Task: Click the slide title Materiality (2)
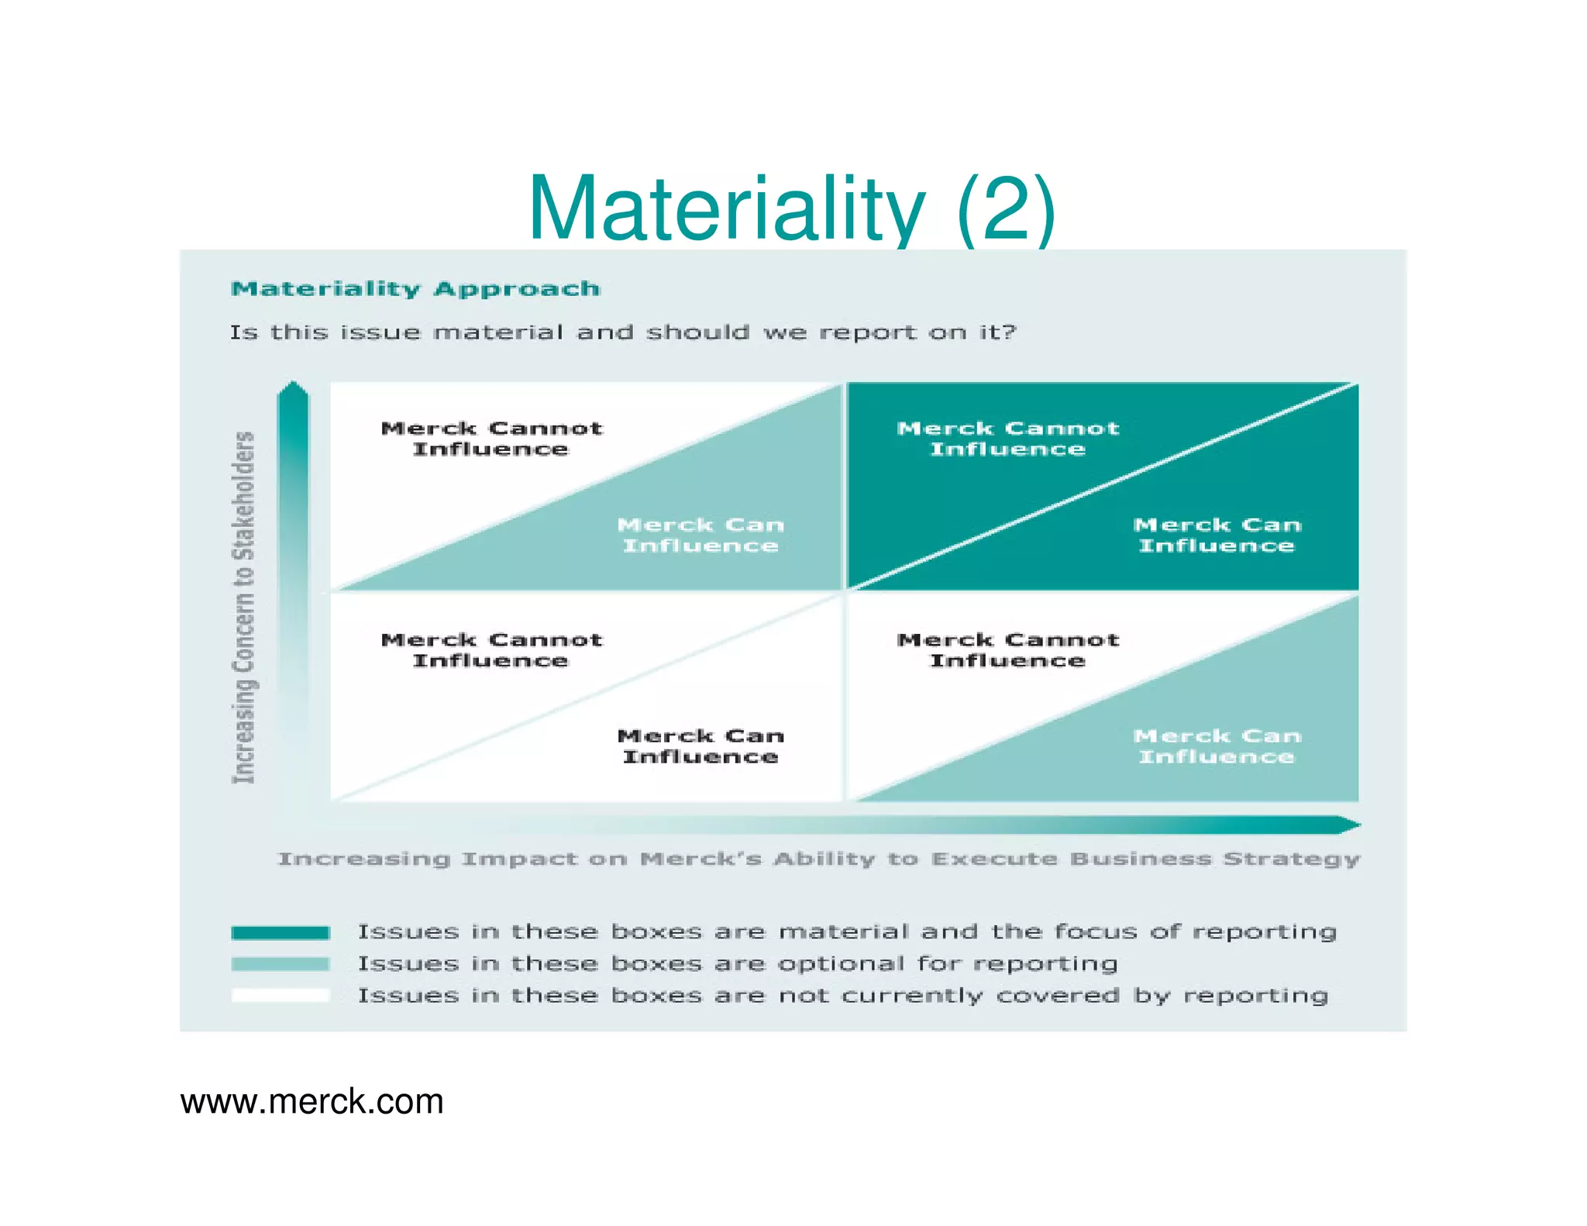click(x=791, y=208)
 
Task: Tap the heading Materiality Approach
click(x=415, y=289)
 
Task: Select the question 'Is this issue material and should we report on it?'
click(x=622, y=332)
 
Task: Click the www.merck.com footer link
click(x=312, y=1101)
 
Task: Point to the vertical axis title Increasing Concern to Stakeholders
click(x=244, y=607)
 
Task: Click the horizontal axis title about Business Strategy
click(x=818, y=859)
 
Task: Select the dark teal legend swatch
click(x=281, y=932)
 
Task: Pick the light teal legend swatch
click(x=281, y=964)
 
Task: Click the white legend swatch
click(x=281, y=996)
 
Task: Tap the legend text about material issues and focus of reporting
click(x=847, y=932)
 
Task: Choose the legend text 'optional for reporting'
click(x=737, y=963)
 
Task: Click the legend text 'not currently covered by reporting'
click(x=842, y=995)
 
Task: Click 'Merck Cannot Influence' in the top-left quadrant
click(x=491, y=439)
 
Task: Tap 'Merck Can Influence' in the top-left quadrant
click(x=701, y=535)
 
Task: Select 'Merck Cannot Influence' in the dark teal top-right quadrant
click(x=1007, y=439)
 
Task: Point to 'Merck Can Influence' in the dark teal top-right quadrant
click(x=1217, y=535)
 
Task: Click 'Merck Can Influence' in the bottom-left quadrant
click(x=701, y=746)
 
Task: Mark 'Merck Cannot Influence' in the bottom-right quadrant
click(x=1007, y=649)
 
